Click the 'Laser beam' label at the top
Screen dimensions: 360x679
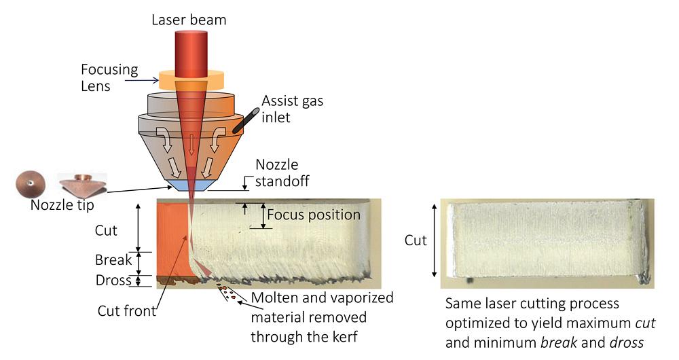tap(188, 20)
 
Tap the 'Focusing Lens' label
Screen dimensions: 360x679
tap(109, 77)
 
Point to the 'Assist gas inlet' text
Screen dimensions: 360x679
tap(293, 109)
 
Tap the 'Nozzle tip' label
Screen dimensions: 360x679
tap(62, 204)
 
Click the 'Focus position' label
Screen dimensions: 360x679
tap(313, 215)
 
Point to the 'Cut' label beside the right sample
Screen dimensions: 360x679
tap(416, 240)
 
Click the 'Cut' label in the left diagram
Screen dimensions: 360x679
tap(106, 230)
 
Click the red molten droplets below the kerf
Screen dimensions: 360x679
tap(229, 294)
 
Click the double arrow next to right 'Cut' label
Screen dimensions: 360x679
tap(435, 240)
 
